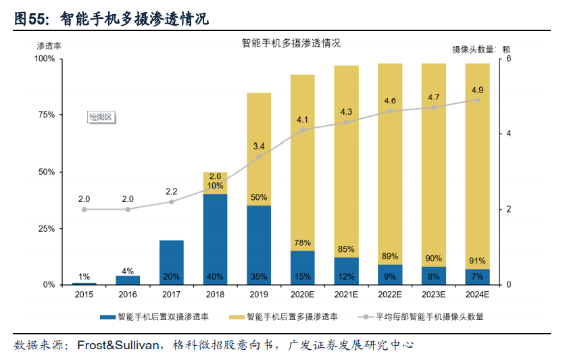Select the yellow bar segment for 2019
coord(259,149)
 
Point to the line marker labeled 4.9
coord(477,100)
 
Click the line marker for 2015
coord(84,209)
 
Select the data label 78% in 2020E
coord(303,242)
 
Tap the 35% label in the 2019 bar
coord(259,276)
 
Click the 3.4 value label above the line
coord(259,146)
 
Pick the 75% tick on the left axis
coord(45,115)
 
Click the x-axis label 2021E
coord(346,294)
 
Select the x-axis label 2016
coord(128,294)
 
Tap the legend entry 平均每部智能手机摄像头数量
coord(427,316)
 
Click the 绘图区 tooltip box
coord(101,117)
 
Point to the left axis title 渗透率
coord(49,46)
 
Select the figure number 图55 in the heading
coord(28,20)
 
